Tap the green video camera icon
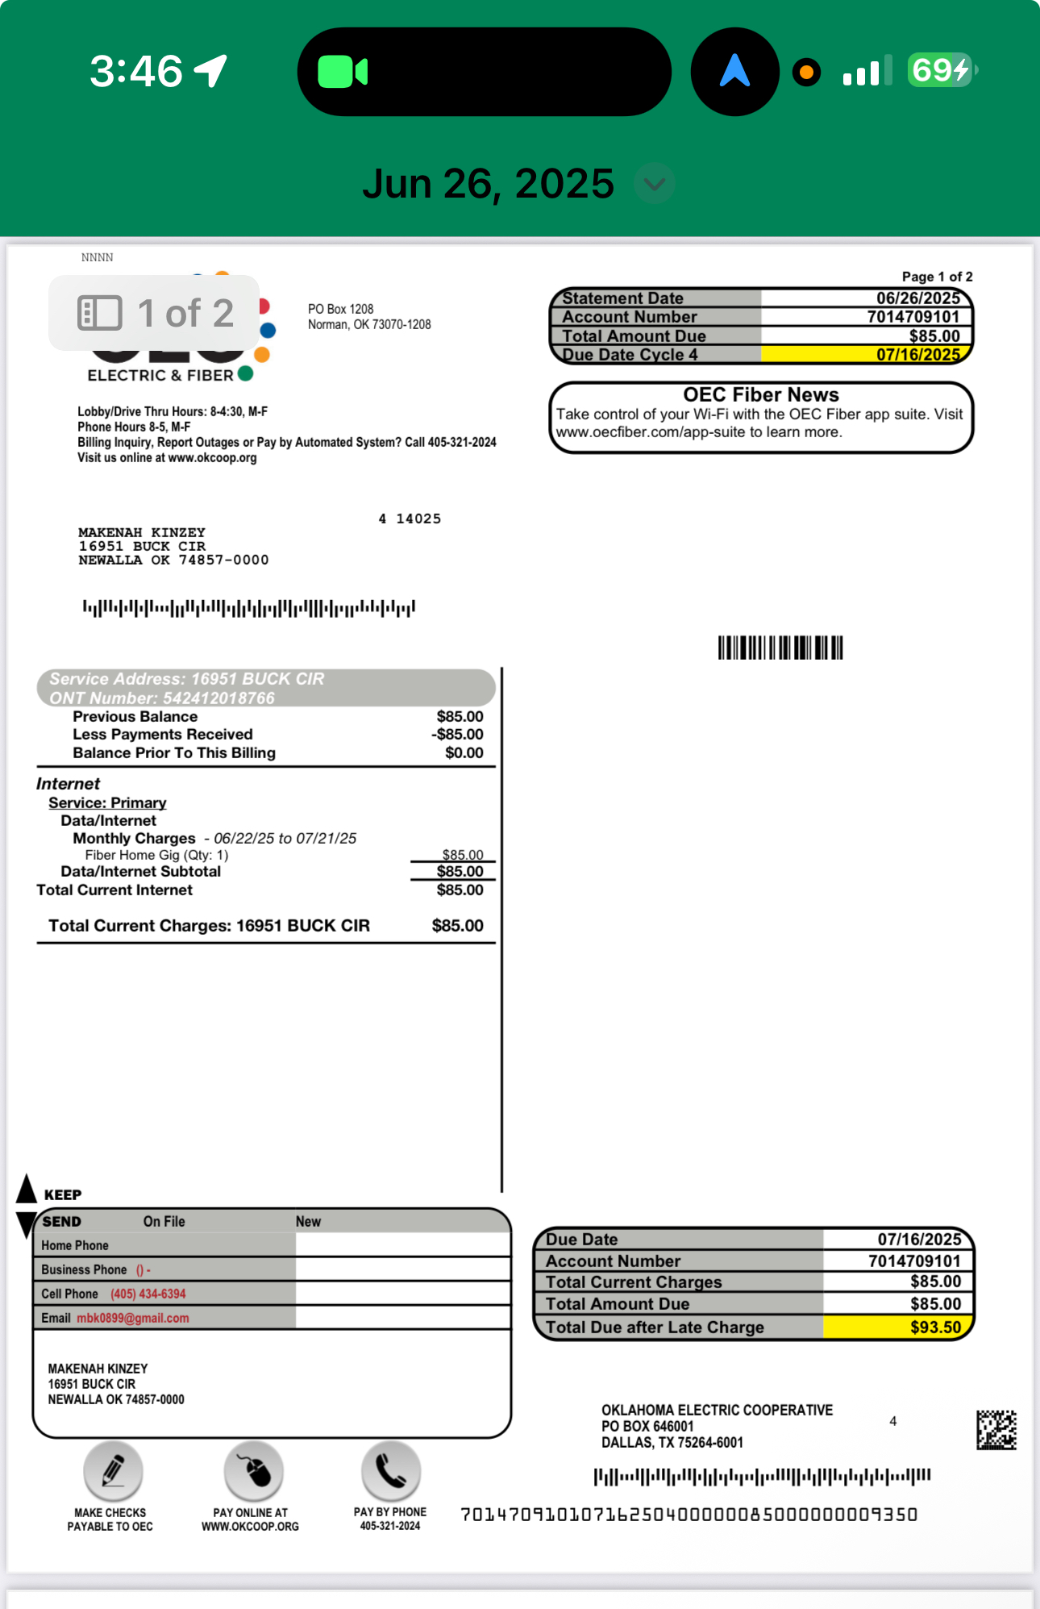coord(343,72)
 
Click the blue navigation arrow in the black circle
coord(734,71)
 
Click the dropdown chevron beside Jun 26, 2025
coord(654,184)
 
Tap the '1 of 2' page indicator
coord(156,313)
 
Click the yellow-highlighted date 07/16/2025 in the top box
coord(917,355)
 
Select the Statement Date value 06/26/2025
coord(917,298)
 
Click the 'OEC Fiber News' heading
coord(760,394)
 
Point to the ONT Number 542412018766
coord(218,698)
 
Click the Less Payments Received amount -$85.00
coord(457,734)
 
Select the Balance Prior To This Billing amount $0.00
coord(464,752)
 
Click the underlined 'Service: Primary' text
coord(107,802)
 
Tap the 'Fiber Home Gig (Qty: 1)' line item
coord(156,855)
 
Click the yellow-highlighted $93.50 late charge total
coord(935,1327)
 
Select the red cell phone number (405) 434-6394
coord(148,1294)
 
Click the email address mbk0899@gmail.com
coord(133,1318)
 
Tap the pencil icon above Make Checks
coord(113,1470)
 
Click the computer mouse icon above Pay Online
coord(254,1470)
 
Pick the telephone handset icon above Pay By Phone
coord(391,1470)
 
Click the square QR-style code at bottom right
coord(996,1430)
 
